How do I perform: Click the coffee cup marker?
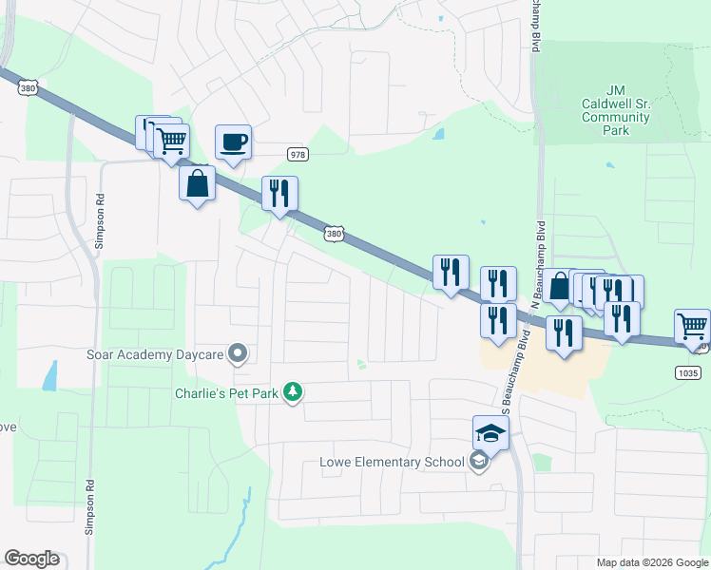click(x=234, y=143)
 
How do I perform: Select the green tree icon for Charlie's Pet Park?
click(x=294, y=391)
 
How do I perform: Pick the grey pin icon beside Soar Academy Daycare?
click(x=239, y=354)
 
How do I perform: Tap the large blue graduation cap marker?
click(x=491, y=434)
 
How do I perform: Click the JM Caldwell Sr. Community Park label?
click(x=615, y=110)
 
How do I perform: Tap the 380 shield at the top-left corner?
click(x=27, y=85)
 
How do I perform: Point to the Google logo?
click(x=31, y=559)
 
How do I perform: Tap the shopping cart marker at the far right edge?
click(x=693, y=328)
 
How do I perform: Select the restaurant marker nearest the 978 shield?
click(x=280, y=195)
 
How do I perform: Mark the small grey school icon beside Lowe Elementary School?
click(x=479, y=463)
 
